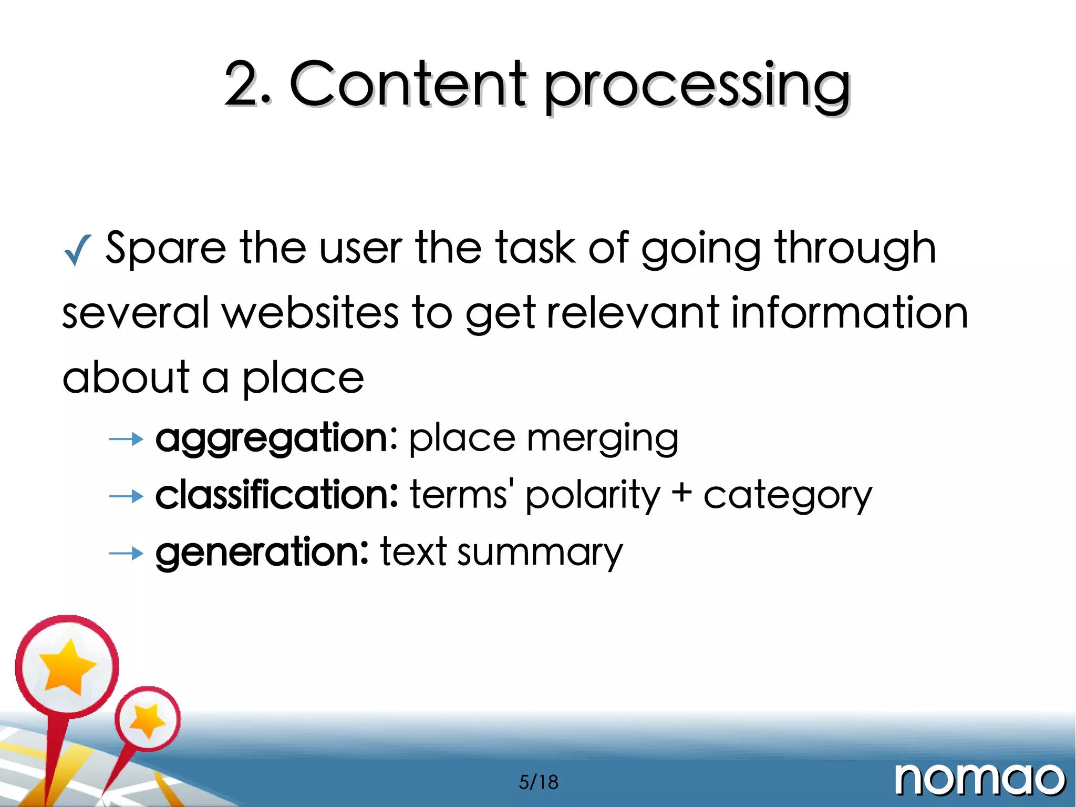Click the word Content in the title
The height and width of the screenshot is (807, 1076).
pos(407,84)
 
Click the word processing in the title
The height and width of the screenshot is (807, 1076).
pos(696,87)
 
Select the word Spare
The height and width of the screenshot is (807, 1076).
pos(165,248)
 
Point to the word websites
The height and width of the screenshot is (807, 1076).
pos(310,313)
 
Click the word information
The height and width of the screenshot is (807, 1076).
pos(849,313)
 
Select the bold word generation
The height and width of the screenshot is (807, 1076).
pos(262,552)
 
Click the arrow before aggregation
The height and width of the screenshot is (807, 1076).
pos(126,438)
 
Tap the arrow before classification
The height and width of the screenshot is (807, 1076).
pos(126,496)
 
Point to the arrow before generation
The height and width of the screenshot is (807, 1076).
pos(126,553)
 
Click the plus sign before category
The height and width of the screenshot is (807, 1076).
pos(681,495)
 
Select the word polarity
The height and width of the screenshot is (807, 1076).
pos(592,496)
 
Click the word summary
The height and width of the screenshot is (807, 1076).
pos(540,553)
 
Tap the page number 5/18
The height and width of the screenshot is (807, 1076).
pos(538,782)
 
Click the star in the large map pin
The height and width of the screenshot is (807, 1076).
pos(67,666)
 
